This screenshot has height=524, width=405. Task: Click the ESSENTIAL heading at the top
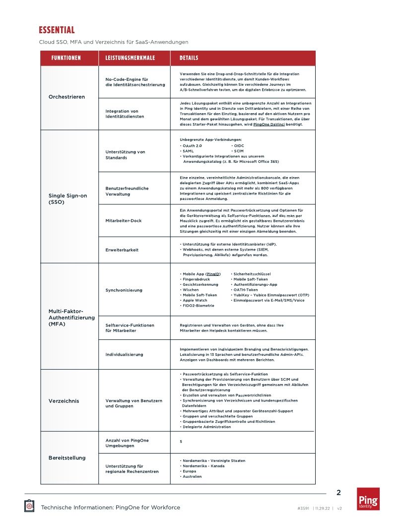click(x=57, y=31)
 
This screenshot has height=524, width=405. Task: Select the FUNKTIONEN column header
click(x=66, y=58)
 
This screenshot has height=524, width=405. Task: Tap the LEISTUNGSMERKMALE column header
click(x=130, y=58)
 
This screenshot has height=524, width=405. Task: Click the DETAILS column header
click(x=189, y=58)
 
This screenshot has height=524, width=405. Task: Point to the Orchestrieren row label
click(x=67, y=97)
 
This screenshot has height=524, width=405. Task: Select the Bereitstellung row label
click(x=67, y=458)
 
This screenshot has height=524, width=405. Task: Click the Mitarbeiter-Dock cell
click(x=124, y=220)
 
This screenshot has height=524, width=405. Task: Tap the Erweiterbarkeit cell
click(x=122, y=250)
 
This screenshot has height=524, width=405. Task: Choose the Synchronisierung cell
click(x=124, y=290)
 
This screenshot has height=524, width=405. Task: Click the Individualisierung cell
click(x=125, y=354)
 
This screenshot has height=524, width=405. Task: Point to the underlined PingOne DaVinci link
click(x=270, y=124)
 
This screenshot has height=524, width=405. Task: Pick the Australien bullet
click(x=192, y=476)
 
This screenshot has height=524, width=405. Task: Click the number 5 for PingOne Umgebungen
click(x=181, y=441)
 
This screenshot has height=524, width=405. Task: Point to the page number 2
click(x=338, y=493)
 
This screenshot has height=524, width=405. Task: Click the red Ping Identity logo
click(x=368, y=499)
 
